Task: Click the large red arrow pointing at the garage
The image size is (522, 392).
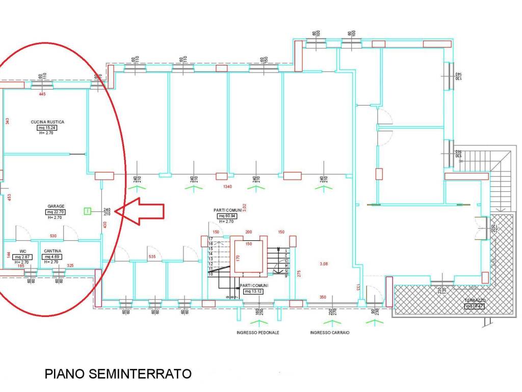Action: pos(143,211)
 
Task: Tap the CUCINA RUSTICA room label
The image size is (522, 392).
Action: pos(47,122)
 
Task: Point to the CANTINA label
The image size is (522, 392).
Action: pos(53,251)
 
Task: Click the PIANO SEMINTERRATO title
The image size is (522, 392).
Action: pos(118,374)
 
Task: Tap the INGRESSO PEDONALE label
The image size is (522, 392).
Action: pos(257,332)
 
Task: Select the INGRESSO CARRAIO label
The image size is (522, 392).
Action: pos(329,332)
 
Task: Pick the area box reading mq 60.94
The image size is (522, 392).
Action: pos(227,216)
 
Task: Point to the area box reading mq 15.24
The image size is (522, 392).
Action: pos(47,128)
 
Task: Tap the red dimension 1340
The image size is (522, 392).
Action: pos(227,187)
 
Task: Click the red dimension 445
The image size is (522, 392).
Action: pos(42,94)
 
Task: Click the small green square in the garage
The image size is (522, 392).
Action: pos(88,210)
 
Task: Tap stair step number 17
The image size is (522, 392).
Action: pos(210,239)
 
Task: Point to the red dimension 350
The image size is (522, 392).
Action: pos(323,297)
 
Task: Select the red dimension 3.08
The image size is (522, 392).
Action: pos(324,263)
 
